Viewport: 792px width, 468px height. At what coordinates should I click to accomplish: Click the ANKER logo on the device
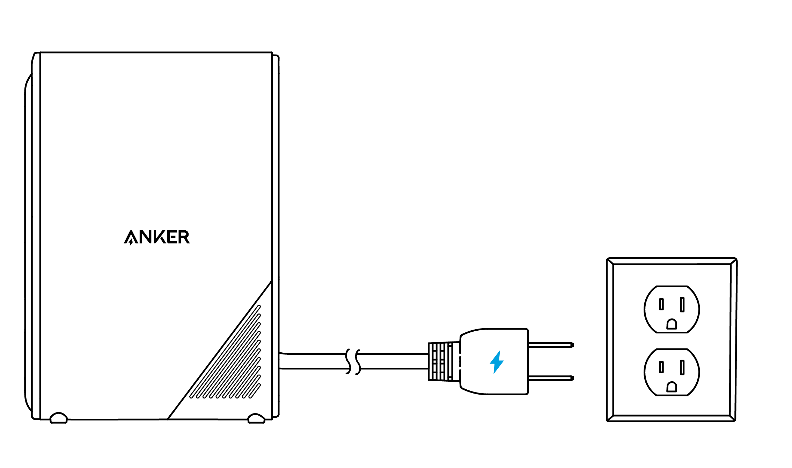pyautogui.click(x=157, y=237)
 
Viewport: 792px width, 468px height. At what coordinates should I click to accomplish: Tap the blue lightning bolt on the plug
pyautogui.click(x=497, y=362)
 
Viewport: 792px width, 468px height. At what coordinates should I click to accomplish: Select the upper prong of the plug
pyautogui.click(x=551, y=345)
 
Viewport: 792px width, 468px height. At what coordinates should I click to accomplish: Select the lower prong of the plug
pyautogui.click(x=551, y=378)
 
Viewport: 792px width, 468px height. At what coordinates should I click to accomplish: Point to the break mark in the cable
pyautogui.click(x=353, y=361)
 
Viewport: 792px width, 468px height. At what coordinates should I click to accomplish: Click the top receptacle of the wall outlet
pyautogui.click(x=672, y=309)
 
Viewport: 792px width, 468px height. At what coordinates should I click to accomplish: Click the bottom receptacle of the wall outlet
pyautogui.click(x=672, y=372)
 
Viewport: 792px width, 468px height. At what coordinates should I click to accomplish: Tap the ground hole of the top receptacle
pyautogui.click(x=672, y=324)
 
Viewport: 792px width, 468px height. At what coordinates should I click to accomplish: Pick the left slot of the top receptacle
pyautogui.click(x=661, y=304)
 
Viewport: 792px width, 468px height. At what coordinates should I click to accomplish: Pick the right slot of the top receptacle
pyautogui.click(x=682, y=304)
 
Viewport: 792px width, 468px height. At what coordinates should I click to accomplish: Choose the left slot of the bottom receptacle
pyautogui.click(x=661, y=367)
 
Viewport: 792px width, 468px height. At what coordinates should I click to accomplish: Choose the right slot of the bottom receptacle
pyautogui.click(x=682, y=367)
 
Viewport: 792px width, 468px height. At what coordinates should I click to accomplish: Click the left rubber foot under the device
pyautogui.click(x=59, y=418)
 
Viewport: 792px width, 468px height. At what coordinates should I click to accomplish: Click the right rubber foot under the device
pyautogui.click(x=256, y=419)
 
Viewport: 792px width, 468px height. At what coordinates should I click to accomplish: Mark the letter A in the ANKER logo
pyautogui.click(x=131, y=238)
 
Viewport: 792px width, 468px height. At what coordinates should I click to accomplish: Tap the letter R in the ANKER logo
pyautogui.click(x=184, y=237)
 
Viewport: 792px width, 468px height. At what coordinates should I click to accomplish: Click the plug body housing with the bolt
pyautogui.click(x=494, y=361)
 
